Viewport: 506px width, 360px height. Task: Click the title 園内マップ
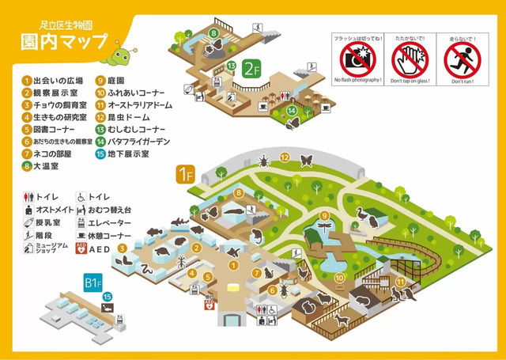pyautogui.click(x=62, y=40)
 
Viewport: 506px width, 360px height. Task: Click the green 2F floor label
pyautogui.click(x=251, y=68)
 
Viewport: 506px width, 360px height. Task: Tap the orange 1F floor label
pyautogui.click(x=184, y=174)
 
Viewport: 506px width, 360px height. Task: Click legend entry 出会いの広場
pyautogui.click(x=58, y=80)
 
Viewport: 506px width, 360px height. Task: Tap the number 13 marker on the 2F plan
pyautogui.click(x=232, y=65)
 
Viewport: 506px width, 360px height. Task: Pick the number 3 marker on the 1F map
pyautogui.click(x=123, y=248)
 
